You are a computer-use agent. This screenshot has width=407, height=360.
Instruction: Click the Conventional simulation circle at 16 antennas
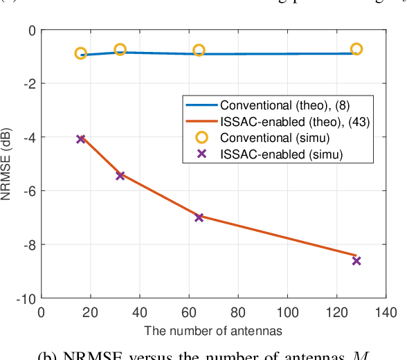coord(80,53)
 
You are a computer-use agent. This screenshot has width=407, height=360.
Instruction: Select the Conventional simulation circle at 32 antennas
coord(120,49)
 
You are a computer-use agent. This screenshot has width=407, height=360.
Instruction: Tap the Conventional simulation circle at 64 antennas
coord(199,50)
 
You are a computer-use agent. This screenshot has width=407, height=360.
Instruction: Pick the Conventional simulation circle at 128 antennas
coord(356,48)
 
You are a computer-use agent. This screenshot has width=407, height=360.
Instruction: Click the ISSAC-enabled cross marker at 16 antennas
coord(80,139)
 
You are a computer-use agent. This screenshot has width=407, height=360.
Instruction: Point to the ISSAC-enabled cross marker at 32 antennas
coord(120,176)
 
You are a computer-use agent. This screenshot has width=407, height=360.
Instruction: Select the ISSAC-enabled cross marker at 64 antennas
coord(199,217)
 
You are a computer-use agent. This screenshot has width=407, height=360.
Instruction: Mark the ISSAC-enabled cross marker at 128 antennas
coord(356,260)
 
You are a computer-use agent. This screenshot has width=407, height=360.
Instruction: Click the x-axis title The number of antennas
coord(214,330)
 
